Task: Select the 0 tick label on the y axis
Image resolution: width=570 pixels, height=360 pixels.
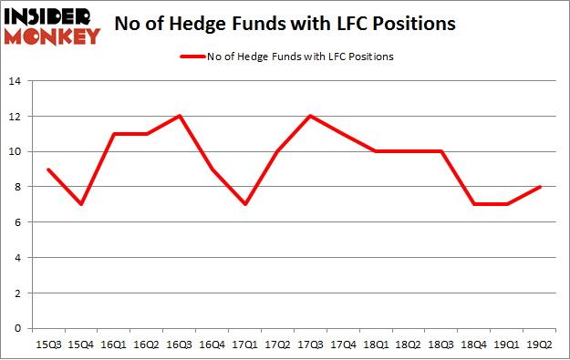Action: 18,329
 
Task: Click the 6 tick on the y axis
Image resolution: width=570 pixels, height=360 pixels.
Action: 18,222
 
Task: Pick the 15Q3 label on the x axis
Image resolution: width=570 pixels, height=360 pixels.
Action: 47,345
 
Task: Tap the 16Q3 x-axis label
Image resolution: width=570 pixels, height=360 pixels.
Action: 180,345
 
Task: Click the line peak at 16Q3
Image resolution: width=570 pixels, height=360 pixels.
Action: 180,116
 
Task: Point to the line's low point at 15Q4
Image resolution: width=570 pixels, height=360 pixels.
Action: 80,204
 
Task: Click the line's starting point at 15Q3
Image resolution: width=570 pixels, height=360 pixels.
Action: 47,169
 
